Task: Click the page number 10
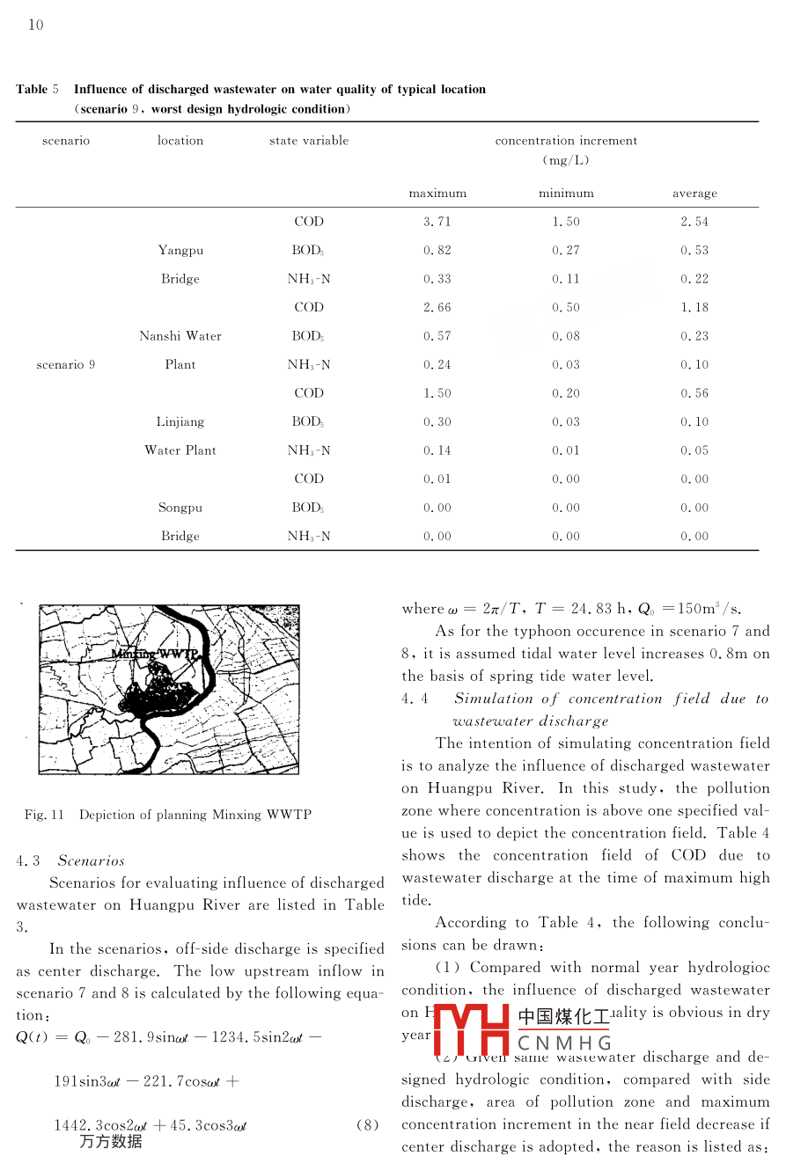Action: pos(35,26)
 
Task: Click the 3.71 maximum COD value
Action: pos(437,222)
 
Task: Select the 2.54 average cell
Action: pos(694,222)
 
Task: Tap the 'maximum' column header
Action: pos(437,194)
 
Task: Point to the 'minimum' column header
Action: pos(566,194)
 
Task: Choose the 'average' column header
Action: pos(694,194)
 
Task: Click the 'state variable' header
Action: pos(309,141)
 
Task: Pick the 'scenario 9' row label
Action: pos(66,365)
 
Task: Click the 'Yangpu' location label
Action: pos(180,251)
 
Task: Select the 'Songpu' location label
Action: pos(180,508)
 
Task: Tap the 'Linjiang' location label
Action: pos(180,422)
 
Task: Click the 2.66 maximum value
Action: pos(437,308)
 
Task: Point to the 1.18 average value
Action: pos(694,308)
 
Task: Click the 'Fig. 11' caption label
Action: pos(45,815)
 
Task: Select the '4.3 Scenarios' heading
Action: pos(70,860)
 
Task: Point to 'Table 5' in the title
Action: pos(37,89)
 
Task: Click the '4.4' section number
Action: pos(415,699)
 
